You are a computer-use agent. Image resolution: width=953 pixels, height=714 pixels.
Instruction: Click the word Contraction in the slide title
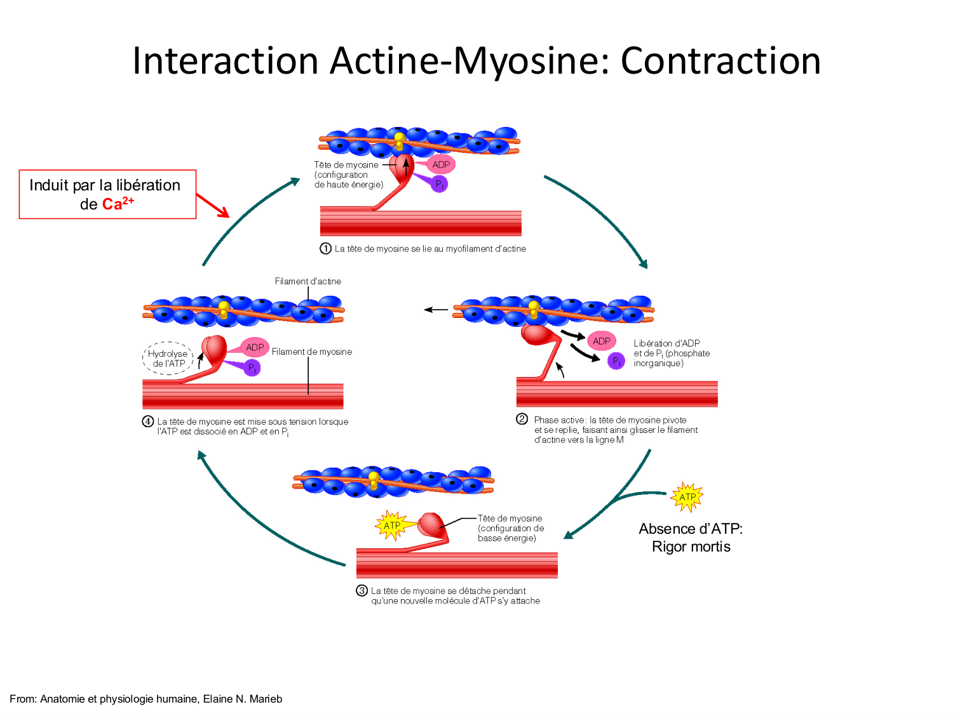[720, 61]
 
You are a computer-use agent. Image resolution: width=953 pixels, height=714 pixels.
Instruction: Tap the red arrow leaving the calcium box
[213, 206]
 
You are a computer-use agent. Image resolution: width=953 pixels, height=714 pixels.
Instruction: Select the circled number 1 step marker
[325, 249]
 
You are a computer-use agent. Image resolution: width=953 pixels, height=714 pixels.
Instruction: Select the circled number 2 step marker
[522, 419]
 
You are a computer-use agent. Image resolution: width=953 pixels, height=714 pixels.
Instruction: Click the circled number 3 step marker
[362, 591]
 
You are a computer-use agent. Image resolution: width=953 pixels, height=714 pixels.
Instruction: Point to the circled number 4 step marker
[148, 421]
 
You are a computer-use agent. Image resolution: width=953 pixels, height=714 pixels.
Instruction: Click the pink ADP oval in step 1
[441, 164]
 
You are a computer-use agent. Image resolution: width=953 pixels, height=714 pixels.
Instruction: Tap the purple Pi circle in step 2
[616, 361]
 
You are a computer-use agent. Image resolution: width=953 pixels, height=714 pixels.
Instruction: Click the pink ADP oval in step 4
[255, 347]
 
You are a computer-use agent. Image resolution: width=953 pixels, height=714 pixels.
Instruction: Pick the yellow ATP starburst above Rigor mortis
[687, 497]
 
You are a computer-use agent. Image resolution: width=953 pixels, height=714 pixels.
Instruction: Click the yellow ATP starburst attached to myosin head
[392, 526]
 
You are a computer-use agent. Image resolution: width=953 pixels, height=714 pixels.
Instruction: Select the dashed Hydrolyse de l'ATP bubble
[168, 359]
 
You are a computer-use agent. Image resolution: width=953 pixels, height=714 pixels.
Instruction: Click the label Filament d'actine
[308, 281]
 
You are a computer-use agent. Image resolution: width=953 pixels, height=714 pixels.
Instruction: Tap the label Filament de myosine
[311, 352]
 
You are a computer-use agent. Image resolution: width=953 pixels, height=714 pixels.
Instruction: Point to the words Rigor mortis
[691, 546]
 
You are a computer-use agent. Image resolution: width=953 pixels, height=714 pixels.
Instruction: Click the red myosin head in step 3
[431, 524]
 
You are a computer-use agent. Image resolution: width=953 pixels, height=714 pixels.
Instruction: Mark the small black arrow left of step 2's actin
[436, 310]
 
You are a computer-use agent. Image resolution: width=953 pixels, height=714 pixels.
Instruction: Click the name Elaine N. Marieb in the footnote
[243, 699]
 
